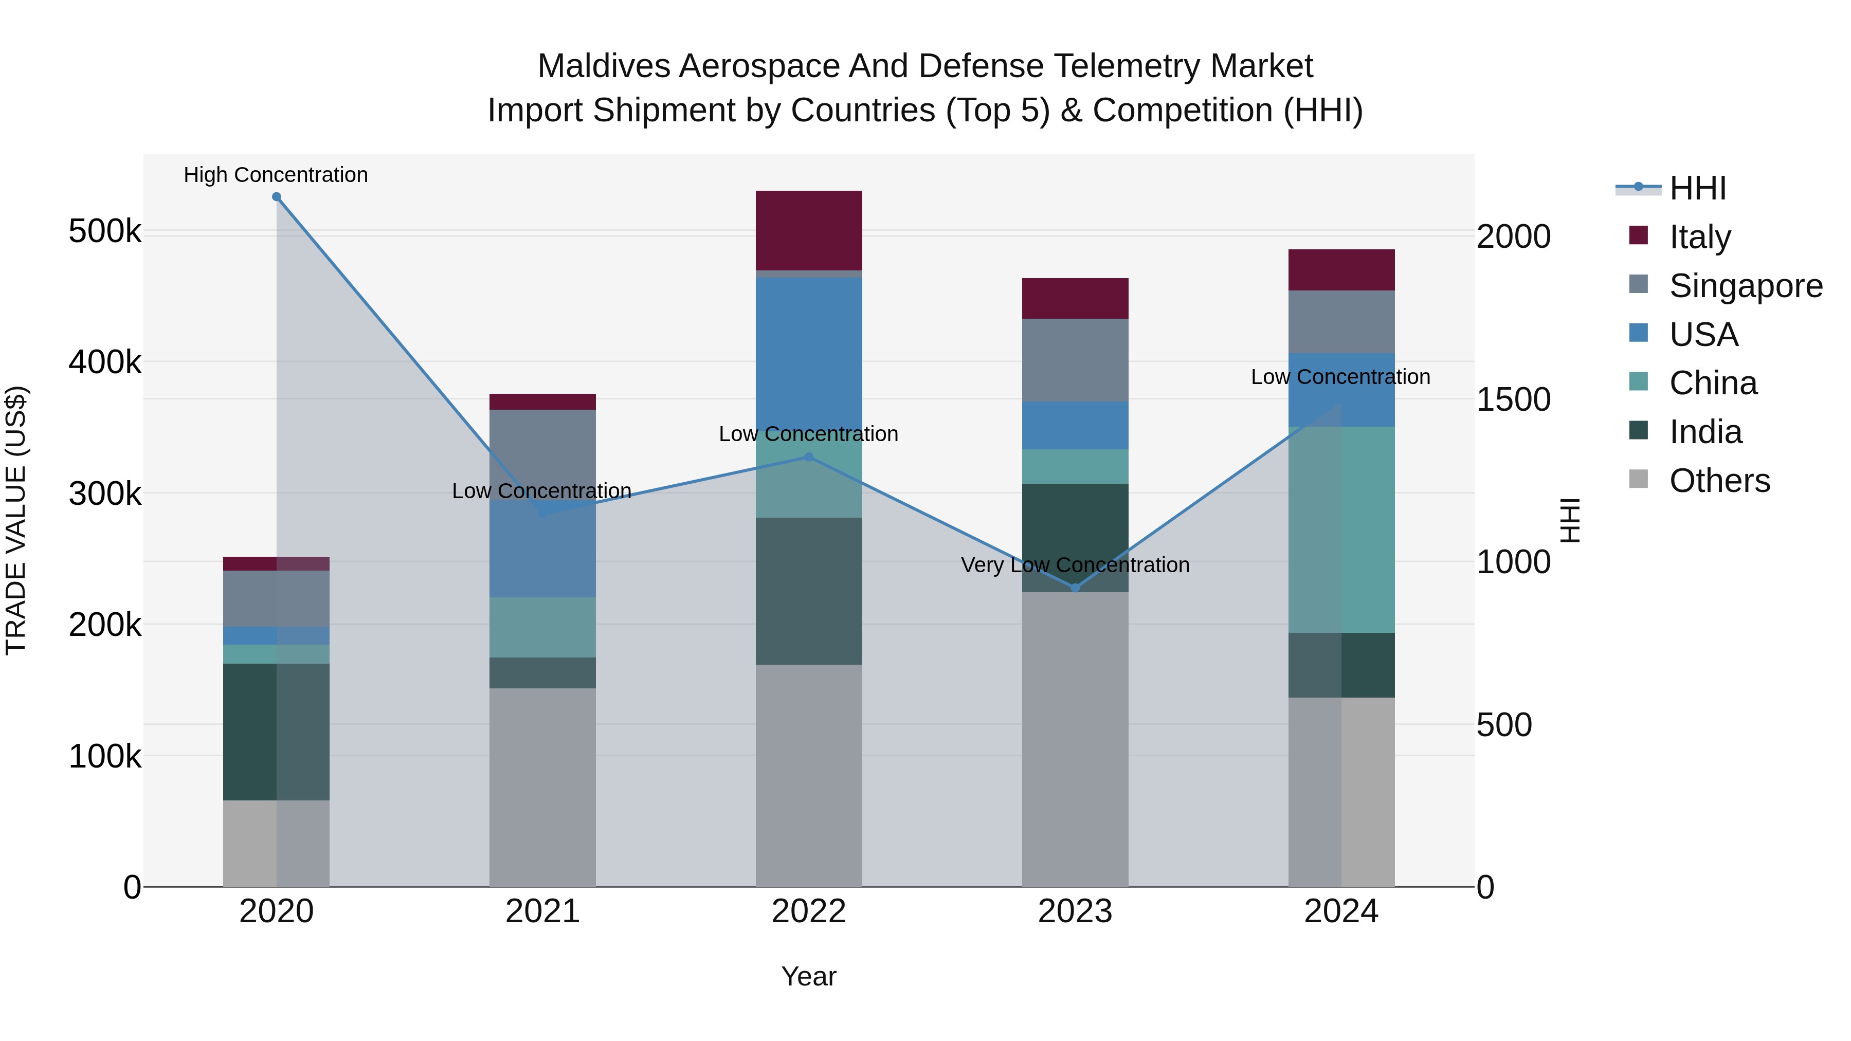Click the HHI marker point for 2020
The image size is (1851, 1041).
(277, 197)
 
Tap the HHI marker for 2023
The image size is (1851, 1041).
(1075, 588)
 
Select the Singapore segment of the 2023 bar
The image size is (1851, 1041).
(1075, 359)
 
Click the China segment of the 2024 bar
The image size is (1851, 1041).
(1341, 529)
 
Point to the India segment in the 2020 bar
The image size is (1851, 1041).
(277, 732)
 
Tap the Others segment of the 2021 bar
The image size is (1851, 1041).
(542, 787)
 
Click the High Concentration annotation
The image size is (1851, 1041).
(276, 175)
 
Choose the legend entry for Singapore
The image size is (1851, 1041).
(1746, 285)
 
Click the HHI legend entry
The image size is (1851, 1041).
(1697, 188)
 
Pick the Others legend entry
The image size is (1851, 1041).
(1719, 480)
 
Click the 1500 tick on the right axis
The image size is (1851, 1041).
(1513, 399)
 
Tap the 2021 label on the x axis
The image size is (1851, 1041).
(542, 911)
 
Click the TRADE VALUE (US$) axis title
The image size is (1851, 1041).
(16, 520)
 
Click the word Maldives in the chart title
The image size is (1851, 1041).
(604, 66)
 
